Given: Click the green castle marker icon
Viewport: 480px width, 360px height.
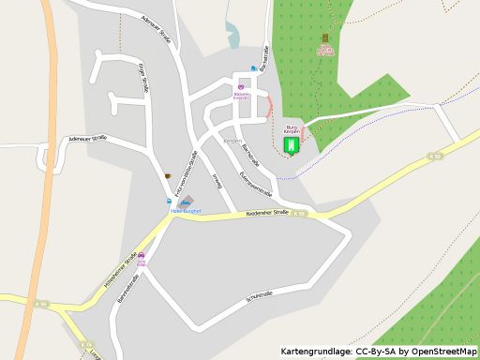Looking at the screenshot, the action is pos(291,146).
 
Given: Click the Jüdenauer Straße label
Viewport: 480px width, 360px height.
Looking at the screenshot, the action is pos(87,138).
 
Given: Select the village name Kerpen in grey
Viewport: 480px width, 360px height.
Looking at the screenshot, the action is pos(232,141).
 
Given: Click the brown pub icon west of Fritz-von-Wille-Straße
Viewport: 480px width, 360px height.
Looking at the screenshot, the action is pos(167,175).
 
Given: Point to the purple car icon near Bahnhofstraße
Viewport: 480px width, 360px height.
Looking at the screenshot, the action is pos(142,256).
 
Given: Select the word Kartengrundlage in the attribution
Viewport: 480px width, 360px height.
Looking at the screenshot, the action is pos(316,352).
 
